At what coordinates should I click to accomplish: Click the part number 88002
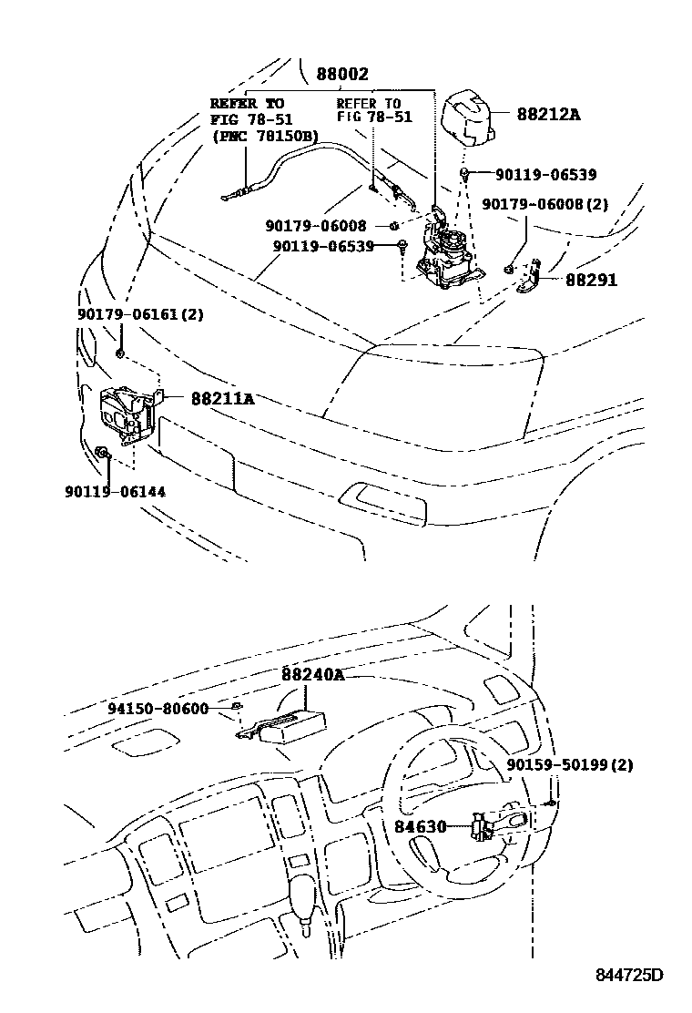(343, 75)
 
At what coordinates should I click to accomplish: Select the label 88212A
(548, 115)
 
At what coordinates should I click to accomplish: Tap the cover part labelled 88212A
(467, 117)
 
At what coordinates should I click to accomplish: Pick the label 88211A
(222, 398)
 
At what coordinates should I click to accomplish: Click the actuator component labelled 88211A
(126, 414)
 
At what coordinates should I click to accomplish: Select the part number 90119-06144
(115, 491)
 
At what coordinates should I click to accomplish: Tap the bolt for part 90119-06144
(102, 452)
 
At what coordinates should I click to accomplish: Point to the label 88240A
(312, 674)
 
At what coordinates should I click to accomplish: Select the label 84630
(420, 827)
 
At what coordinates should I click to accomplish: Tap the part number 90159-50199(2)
(570, 764)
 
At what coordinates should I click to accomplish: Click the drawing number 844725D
(629, 976)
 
